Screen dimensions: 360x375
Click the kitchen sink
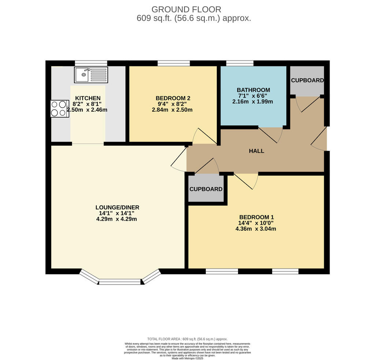tap(91, 75)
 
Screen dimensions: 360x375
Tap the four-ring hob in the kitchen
tap(59, 108)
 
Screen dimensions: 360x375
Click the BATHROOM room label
tap(253, 90)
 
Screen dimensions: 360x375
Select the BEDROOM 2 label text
tap(173, 98)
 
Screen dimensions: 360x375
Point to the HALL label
tap(256, 151)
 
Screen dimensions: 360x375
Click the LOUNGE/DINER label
tap(117, 207)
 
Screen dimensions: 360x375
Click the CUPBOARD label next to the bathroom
tap(307, 80)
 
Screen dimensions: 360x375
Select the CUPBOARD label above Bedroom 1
tap(206, 189)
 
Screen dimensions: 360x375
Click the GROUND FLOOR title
tap(186, 9)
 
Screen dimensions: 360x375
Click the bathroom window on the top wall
tap(240, 63)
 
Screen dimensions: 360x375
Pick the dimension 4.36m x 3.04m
tap(256, 229)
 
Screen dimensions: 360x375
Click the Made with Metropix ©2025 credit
tap(187, 358)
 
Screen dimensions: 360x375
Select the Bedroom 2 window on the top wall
tap(174, 63)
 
